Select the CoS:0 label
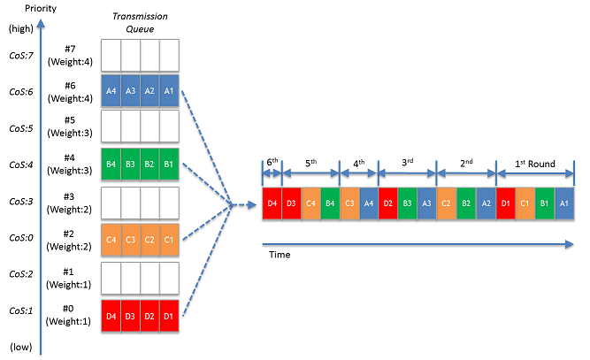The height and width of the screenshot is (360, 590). click(20, 238)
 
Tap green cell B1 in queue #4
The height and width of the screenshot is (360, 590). click(170, 165)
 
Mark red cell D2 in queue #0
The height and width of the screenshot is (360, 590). click(150, 311)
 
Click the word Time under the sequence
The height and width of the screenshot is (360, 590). click(279, 255)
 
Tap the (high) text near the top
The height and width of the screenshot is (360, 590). click(20, 29)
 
